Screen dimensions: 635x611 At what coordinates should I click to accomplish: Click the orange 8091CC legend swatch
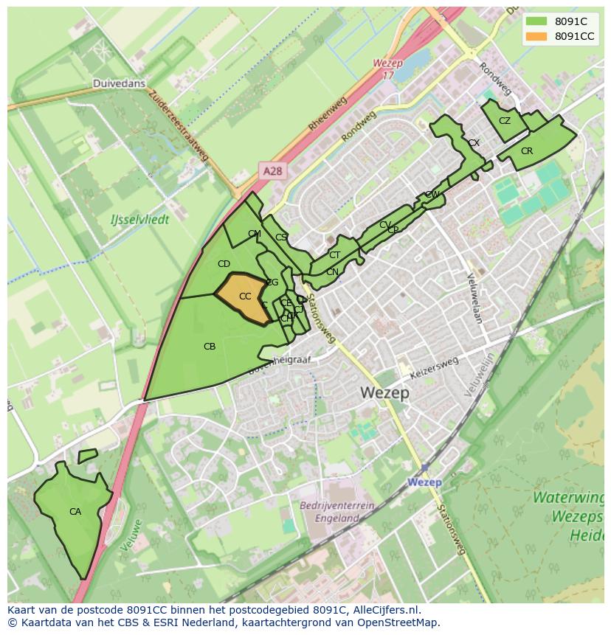tap(536, 36)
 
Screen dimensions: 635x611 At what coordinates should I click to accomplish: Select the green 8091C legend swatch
tap(536, 21)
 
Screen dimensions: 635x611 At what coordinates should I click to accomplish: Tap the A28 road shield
tap(272, 171)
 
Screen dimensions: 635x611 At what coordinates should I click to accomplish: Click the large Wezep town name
tap(385, 393)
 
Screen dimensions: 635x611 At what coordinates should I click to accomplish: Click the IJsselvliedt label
tap(139, 219)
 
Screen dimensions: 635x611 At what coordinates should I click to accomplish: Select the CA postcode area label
tap(75, 511)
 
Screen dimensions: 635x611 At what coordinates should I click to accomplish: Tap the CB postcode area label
tap(210, 346)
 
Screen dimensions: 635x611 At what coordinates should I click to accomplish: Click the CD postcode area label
tap(224, 263)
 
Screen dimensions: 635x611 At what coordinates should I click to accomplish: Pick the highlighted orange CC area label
tap(245, 296)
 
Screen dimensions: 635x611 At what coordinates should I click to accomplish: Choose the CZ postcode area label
tap(505, 121)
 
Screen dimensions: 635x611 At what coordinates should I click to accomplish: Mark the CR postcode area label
tap(527, 151)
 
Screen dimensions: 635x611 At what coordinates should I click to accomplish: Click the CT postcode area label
tap(334, 255)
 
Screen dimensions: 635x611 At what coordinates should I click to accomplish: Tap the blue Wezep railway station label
tap(424, 482)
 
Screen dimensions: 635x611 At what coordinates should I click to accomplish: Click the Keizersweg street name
tap(435, 367)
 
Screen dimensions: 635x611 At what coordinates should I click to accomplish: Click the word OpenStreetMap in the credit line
tap(399, 622)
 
